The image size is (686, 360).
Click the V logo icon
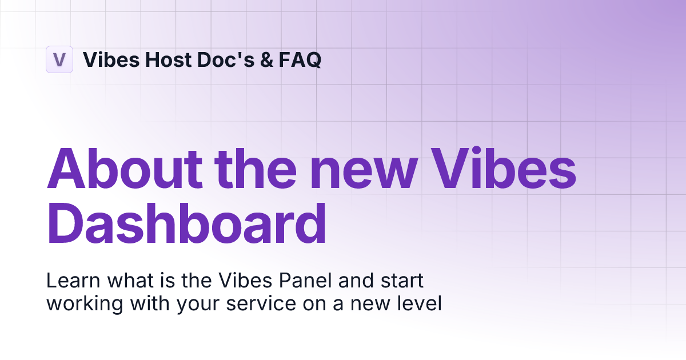(x=59, y=59)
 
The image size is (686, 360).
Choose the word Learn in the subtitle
(x=68, y=281)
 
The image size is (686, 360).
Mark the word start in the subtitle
(x=402, y=281)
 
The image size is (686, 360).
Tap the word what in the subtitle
(x=119, y=281)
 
